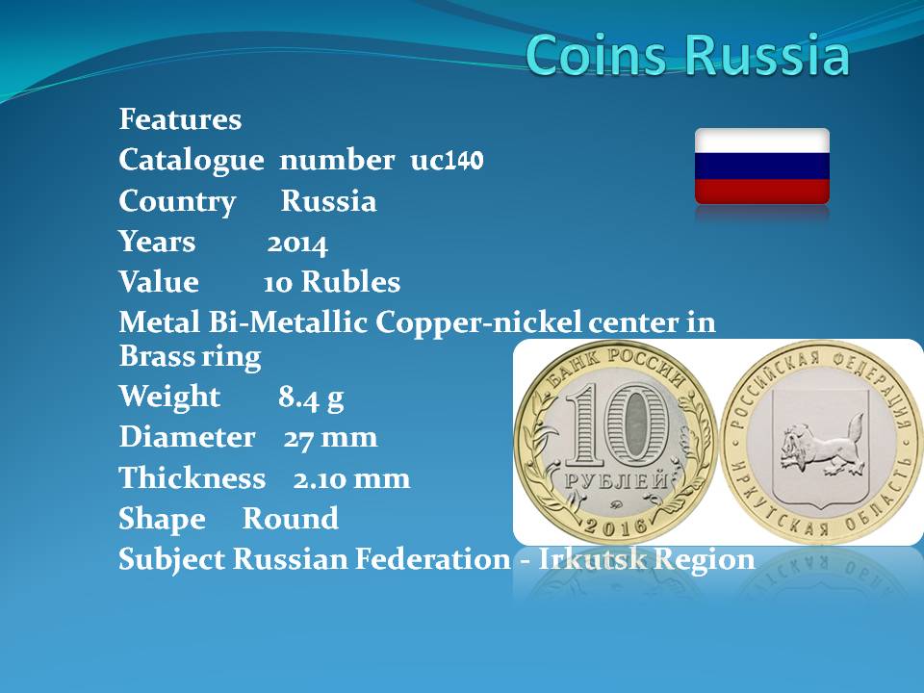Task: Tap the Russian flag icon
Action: (762, 167)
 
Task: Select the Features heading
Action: (180, 119)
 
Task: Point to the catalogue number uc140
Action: (447, 160)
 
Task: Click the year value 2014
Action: (297, 243)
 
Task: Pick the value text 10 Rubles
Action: (332, 282)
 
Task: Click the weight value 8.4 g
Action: (311, 398)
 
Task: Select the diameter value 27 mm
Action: (330, 438)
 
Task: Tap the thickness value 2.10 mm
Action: (352, 478)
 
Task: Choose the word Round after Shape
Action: (291, 519)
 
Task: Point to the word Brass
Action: (156, 356)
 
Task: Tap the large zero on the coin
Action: (636, 424)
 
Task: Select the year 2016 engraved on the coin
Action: (615, 525)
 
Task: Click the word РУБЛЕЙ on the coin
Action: (616, 481)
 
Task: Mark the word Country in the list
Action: (177, 201)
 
